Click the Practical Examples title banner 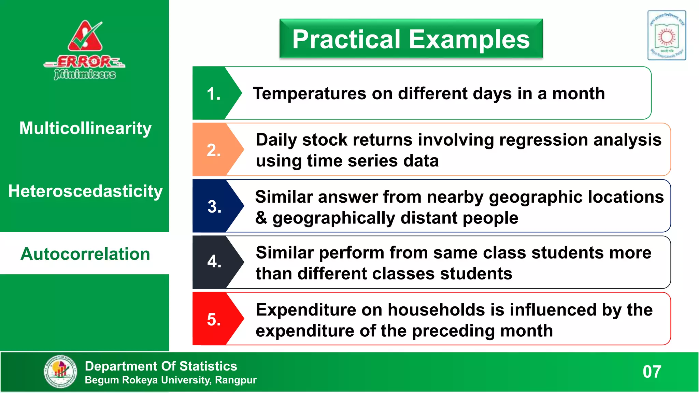[x=411, y=39]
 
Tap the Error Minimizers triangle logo [x=85, y=37]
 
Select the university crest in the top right [x=667, y=35]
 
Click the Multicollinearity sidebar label [x=85, y=128]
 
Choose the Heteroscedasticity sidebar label [x=85, y=191]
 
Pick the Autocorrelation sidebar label [x=85, y=254]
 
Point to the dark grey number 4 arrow [x=215, y=262]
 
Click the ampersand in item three [x=261, y=218]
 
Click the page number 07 [x=652, y=372]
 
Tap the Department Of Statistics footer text [x=161, y=366]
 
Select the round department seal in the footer [x=61, y=371]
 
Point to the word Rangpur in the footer [x=236, y=380]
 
